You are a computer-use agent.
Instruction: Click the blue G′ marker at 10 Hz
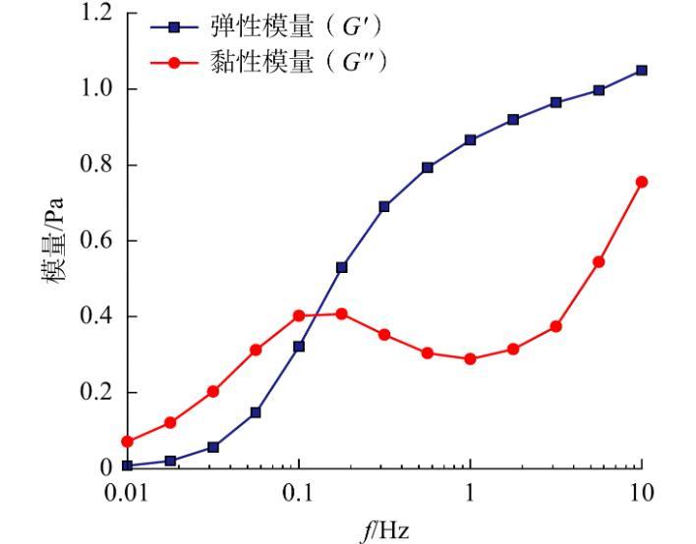[x=641, y=70]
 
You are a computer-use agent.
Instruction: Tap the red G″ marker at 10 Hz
[x=641, y=182]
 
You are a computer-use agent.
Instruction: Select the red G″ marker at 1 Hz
[x=470, y=358]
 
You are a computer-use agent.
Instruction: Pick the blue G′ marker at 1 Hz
[x=470, y=139]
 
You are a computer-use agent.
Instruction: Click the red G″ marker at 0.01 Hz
[x=127, y=441]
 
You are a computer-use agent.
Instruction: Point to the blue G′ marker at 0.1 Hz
[x=299, y=346]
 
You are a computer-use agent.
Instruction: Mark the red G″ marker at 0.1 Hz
[x=299, y=315]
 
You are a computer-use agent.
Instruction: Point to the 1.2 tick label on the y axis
[x=96, y=14]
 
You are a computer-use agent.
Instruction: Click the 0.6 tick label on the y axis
[x=96, y=241]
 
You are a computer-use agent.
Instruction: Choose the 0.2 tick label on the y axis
[x=96, y=393]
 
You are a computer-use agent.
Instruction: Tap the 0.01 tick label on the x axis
[x=127, y=492]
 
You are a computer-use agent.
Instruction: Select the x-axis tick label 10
[x=641, y=492]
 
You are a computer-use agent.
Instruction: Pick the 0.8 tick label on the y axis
[x=96, y=165]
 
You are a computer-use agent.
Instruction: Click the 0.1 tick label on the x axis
[x=299, y=492]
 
